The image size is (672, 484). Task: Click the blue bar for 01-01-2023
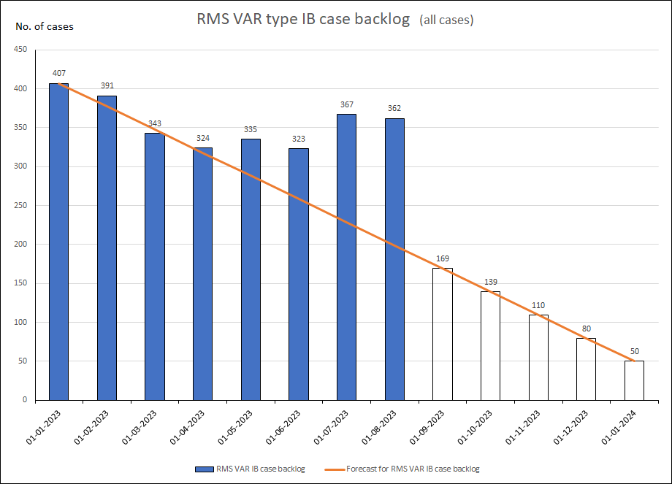pyautogui.click(x=58, y=241)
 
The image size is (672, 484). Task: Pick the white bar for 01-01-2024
pyautogui.click(x=634, y=380)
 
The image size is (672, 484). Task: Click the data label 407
pyautogui.click(x=58, y=73)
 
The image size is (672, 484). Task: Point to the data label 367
pyautogui.click(x=346, y=104)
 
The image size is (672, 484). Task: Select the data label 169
pyautogui.click(x=442, y=258)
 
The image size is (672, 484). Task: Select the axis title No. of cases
pyautogui.click(x=45, y=27)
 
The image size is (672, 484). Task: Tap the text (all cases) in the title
pyautogui.click(x=446, y=20)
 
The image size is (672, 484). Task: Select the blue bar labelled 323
pyautogui.click(x=298, y=274)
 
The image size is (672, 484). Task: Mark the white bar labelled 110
pyautogui.click(x=538, y=357)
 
